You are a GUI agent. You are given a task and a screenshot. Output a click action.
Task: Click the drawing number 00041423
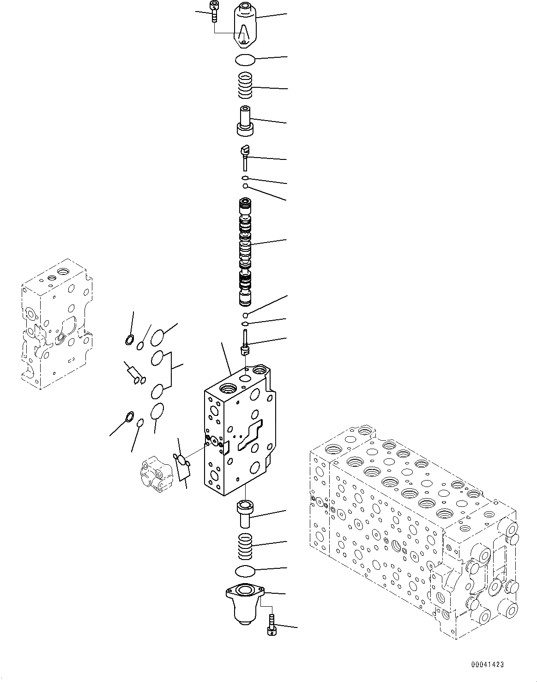(x=487, y=664)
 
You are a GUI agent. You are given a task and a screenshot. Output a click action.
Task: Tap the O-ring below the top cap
(x=245, y=60)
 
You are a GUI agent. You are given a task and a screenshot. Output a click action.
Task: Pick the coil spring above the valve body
(x=245, y=85)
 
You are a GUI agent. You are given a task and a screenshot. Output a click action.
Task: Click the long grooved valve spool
(x=245, y=252)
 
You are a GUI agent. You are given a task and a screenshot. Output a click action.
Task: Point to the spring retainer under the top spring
(x=245, y=121)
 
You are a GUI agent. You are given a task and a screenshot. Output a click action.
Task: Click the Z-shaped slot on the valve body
(x=250, y=435)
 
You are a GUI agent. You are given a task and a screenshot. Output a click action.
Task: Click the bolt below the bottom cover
(x=272, y=625)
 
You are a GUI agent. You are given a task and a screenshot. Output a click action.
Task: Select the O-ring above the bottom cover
(x=245, y=571)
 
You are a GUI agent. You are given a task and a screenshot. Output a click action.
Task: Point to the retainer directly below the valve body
(x=245, y=513)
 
